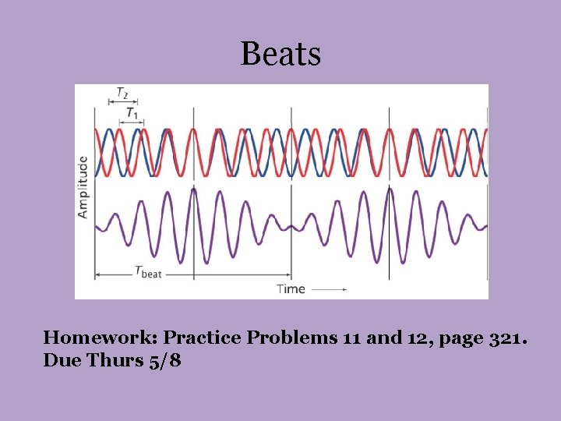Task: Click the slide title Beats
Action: [280, 54]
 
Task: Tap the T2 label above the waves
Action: [122, 93]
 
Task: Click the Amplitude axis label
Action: [83, 186]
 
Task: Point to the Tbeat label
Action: [147, 272]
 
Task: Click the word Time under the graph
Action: [291, 288]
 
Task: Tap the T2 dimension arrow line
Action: [117, 101]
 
